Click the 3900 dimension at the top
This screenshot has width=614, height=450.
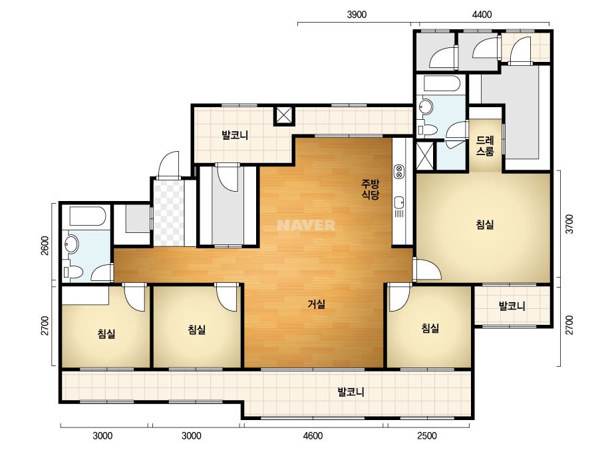[x=357, y=15]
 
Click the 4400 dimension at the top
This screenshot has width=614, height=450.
[x=482, y=15]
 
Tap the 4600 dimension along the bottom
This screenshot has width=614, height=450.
[x=313, y=435]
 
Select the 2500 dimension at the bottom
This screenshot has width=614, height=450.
[x=427, y=435]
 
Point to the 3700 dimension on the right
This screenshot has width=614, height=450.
[x=569, y=224]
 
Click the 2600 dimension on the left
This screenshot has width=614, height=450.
[x=45, y=246]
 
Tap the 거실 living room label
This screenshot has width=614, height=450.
[x=317, y=304]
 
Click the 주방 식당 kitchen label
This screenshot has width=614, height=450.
[x=370, y=189]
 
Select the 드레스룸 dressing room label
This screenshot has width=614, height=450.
[x=485, y=146]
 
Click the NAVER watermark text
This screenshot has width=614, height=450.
[x=306, y=225]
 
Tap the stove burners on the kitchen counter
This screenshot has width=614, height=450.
[x=399, y=171]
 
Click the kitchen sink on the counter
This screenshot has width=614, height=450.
[x=399, y=202]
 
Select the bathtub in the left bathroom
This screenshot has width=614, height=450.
[x=87, y=216]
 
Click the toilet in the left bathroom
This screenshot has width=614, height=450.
[x=74, y=271]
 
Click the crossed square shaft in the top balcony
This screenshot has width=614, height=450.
[x=283, y=115]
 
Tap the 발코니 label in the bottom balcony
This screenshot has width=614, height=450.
[x=351, y=391]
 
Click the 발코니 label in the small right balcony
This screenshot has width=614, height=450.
[x=512, y=306]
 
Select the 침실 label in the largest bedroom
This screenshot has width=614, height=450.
[x=485, y=224]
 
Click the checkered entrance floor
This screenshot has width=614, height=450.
[x=169, y=212]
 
